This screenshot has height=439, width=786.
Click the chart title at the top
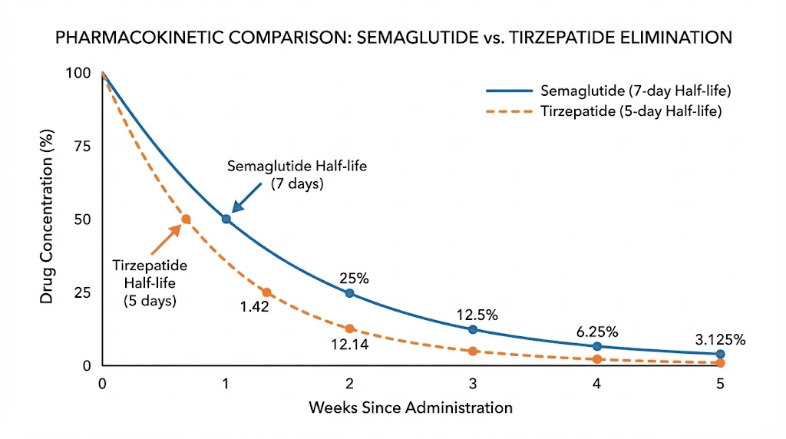[393, 38]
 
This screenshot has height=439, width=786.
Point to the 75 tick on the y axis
[82, 147]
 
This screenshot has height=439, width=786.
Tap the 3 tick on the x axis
[472, 384]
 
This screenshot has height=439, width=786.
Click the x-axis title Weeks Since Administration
[410, 408]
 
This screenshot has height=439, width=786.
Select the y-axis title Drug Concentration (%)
[47, 220]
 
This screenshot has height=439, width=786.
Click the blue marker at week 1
[226, 219]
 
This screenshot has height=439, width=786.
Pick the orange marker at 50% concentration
[185, 219]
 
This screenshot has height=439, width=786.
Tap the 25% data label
[353, 279]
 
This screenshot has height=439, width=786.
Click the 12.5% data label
[477, 315]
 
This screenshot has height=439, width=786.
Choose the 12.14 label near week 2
[350, 345]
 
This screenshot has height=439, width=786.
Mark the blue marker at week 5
[720, 355]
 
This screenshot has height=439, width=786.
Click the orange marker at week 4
[596, 359]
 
